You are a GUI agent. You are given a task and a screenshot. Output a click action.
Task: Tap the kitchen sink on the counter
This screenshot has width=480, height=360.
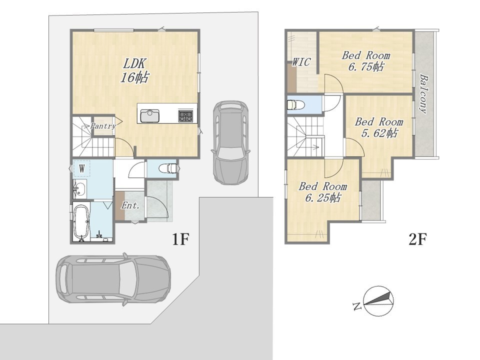pyautogui.click(x=149, y=115)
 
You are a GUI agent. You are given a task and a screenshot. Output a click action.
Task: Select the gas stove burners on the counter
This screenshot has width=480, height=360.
pyautogui.click(x=186, y=115)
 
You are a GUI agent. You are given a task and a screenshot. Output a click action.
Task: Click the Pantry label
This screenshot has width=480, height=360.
pyautogui.click(x=103, y=126)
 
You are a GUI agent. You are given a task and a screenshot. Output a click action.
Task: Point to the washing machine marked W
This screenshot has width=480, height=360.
pyautogui.click(x=81, y=168)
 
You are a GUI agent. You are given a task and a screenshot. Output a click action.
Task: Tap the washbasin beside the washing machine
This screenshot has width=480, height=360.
pyautogui.click(x=79, y=188)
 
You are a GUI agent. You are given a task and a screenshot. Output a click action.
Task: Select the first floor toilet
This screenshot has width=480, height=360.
pyautogui.click(x=168, y=168)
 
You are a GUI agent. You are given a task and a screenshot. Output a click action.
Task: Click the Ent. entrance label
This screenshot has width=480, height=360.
pyautogui.click(x=130, y=205)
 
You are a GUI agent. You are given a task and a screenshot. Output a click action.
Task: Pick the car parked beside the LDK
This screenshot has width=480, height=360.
pyautogui.click(x=230, y=142)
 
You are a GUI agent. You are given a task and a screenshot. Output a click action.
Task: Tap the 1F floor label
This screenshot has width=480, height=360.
pyautogui.click(x=179, y=239)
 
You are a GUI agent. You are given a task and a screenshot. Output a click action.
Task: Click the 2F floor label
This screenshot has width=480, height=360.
pyautogui.click(x=417, y=239)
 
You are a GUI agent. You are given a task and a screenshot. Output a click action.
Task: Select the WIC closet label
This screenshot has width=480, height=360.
pyautogui.click(x=301, y=62)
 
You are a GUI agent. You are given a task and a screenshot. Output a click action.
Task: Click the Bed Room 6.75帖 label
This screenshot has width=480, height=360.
pyautogui.click(x=366, y=61)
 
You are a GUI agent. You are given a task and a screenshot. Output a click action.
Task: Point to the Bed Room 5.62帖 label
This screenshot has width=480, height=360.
pyautogui.click(x=379, y=127)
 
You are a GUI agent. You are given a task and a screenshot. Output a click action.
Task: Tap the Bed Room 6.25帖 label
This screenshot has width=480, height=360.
pyautogui.click(x=322, y=192)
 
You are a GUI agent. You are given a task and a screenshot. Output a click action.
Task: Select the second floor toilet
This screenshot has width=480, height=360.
pyautogui.click(x=296, y=104)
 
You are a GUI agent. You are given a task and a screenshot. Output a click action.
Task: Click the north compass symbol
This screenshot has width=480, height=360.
pyautogui.click(x=378, y=300)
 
